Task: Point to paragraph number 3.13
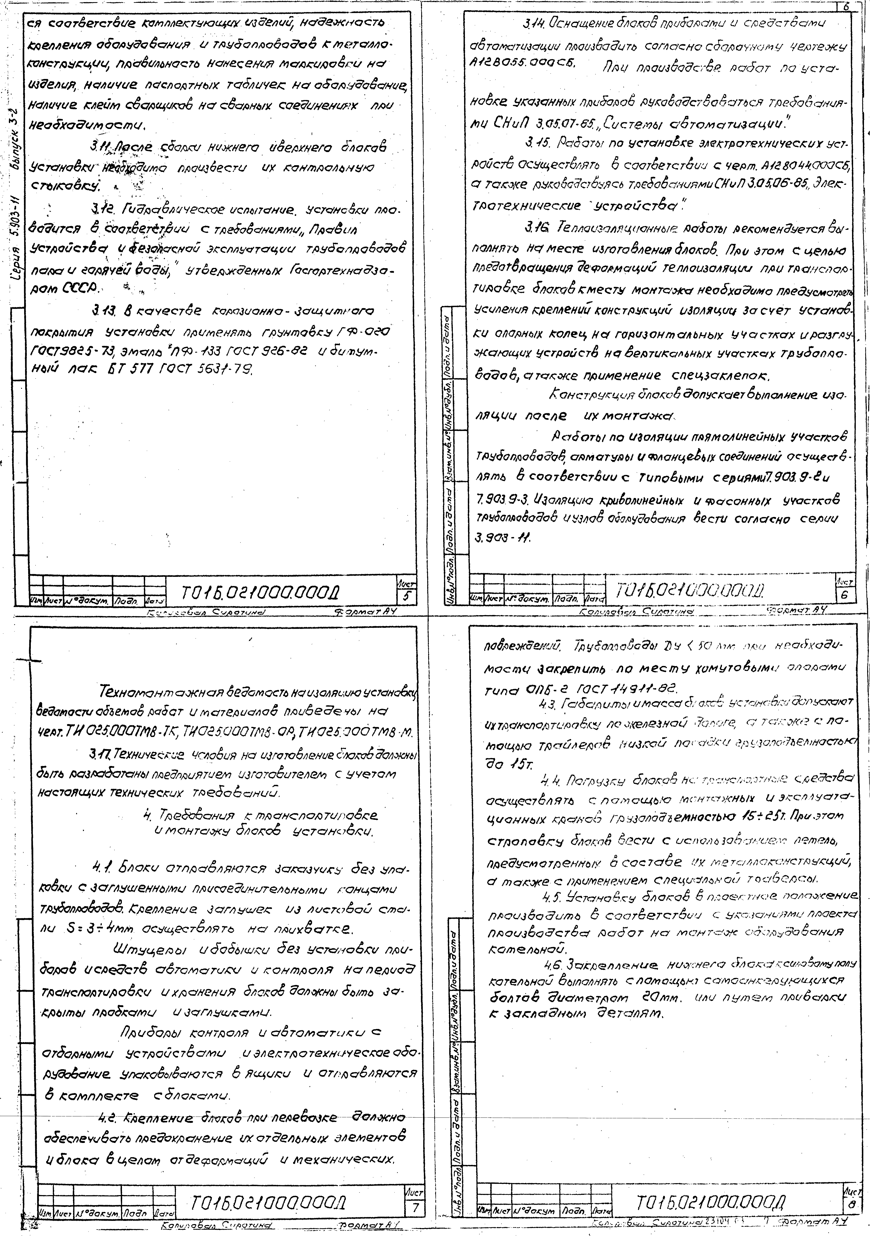[x=103, y=311]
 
